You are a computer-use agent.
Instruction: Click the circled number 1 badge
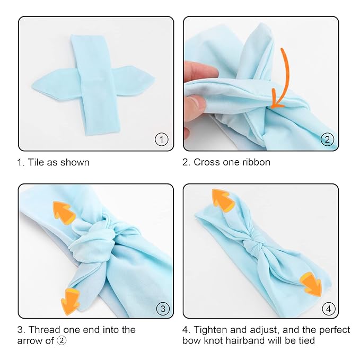tap(161, 139)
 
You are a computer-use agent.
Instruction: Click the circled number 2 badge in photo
tap(327, 139)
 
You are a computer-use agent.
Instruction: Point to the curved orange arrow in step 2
tap(284, 80)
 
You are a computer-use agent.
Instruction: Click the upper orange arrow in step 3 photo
tap(64, 212)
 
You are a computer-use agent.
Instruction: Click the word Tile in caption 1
tap(37, 162)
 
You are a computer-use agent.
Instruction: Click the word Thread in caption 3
tap(43, 330)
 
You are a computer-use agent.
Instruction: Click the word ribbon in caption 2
tap(256, 162)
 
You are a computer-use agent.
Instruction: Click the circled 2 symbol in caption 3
tap(62, 341)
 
